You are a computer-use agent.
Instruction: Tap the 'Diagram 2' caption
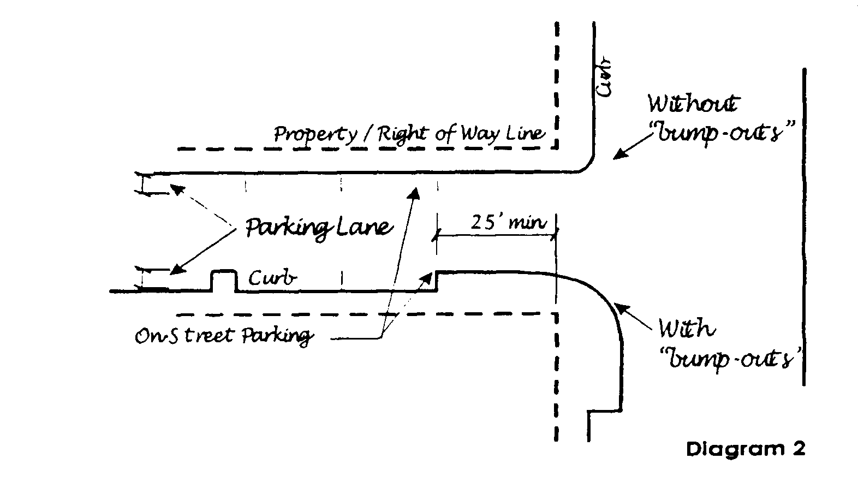coord(745,449)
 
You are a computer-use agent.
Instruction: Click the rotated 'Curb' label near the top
coord(605,79)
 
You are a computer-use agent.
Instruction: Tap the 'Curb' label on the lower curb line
coord(273,278)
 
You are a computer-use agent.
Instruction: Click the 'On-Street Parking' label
coord(224,335)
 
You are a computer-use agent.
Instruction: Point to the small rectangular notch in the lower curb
coord(224,280)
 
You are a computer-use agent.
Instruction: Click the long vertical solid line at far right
coord(803,227)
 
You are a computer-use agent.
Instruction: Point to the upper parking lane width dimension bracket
coord(143,183)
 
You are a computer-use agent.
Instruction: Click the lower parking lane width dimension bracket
coord(143,278)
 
